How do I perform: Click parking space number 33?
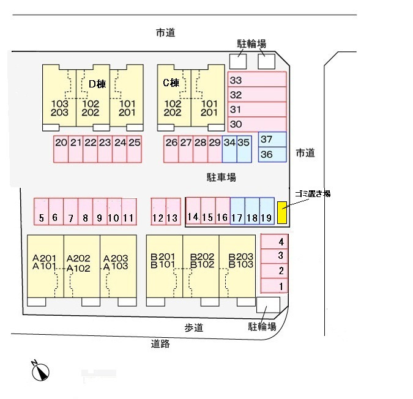[256, 80]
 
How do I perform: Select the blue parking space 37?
[272, 140]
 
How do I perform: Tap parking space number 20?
[61, 149]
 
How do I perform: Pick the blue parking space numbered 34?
[229, 149]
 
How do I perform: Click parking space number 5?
[41, 212]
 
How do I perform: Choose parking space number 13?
[173, 212]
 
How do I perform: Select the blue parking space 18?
[252, 212]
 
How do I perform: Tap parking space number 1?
[273, 286]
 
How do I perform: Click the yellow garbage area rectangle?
[282, 212]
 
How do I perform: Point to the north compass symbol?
[40, 371]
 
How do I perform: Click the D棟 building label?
[97, 84]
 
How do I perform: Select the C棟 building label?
[171, 83]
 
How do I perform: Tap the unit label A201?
[44, 258]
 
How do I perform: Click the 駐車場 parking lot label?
[221, 177]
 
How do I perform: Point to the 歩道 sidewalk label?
[193, 328]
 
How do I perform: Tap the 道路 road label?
[160, 344]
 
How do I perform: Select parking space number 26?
[171, 149]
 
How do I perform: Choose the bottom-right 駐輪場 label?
[262, 327]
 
